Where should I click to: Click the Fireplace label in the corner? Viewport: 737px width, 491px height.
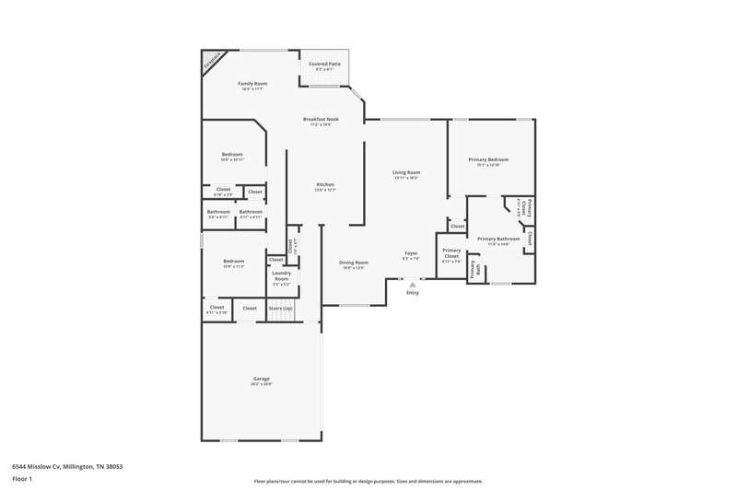(x=213, y=61)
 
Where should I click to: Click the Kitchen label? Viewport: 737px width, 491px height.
(x=325, y=184)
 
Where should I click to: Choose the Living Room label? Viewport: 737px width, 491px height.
(x=406, y=172)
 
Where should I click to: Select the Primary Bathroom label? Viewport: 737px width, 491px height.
(x=498, y=239)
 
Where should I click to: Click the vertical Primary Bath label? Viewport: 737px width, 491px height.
(x=474, y=270)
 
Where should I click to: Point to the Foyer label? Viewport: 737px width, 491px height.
(x=412, y=253)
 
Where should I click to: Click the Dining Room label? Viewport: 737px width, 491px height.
(x=354, y=263)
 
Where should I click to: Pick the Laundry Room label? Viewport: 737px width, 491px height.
(x=281, y=275)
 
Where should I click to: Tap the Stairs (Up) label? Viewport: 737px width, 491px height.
(x=280, y=308)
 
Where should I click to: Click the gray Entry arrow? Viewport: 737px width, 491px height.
(x=412, y=285)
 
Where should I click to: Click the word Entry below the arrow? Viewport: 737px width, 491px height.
(x=412, y=293)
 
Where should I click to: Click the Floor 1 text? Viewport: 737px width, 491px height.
(x=22, y=479)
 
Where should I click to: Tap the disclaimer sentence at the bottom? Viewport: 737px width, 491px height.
(x=368, y=481)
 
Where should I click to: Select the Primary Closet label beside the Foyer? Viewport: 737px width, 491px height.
(x=451, y=255)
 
